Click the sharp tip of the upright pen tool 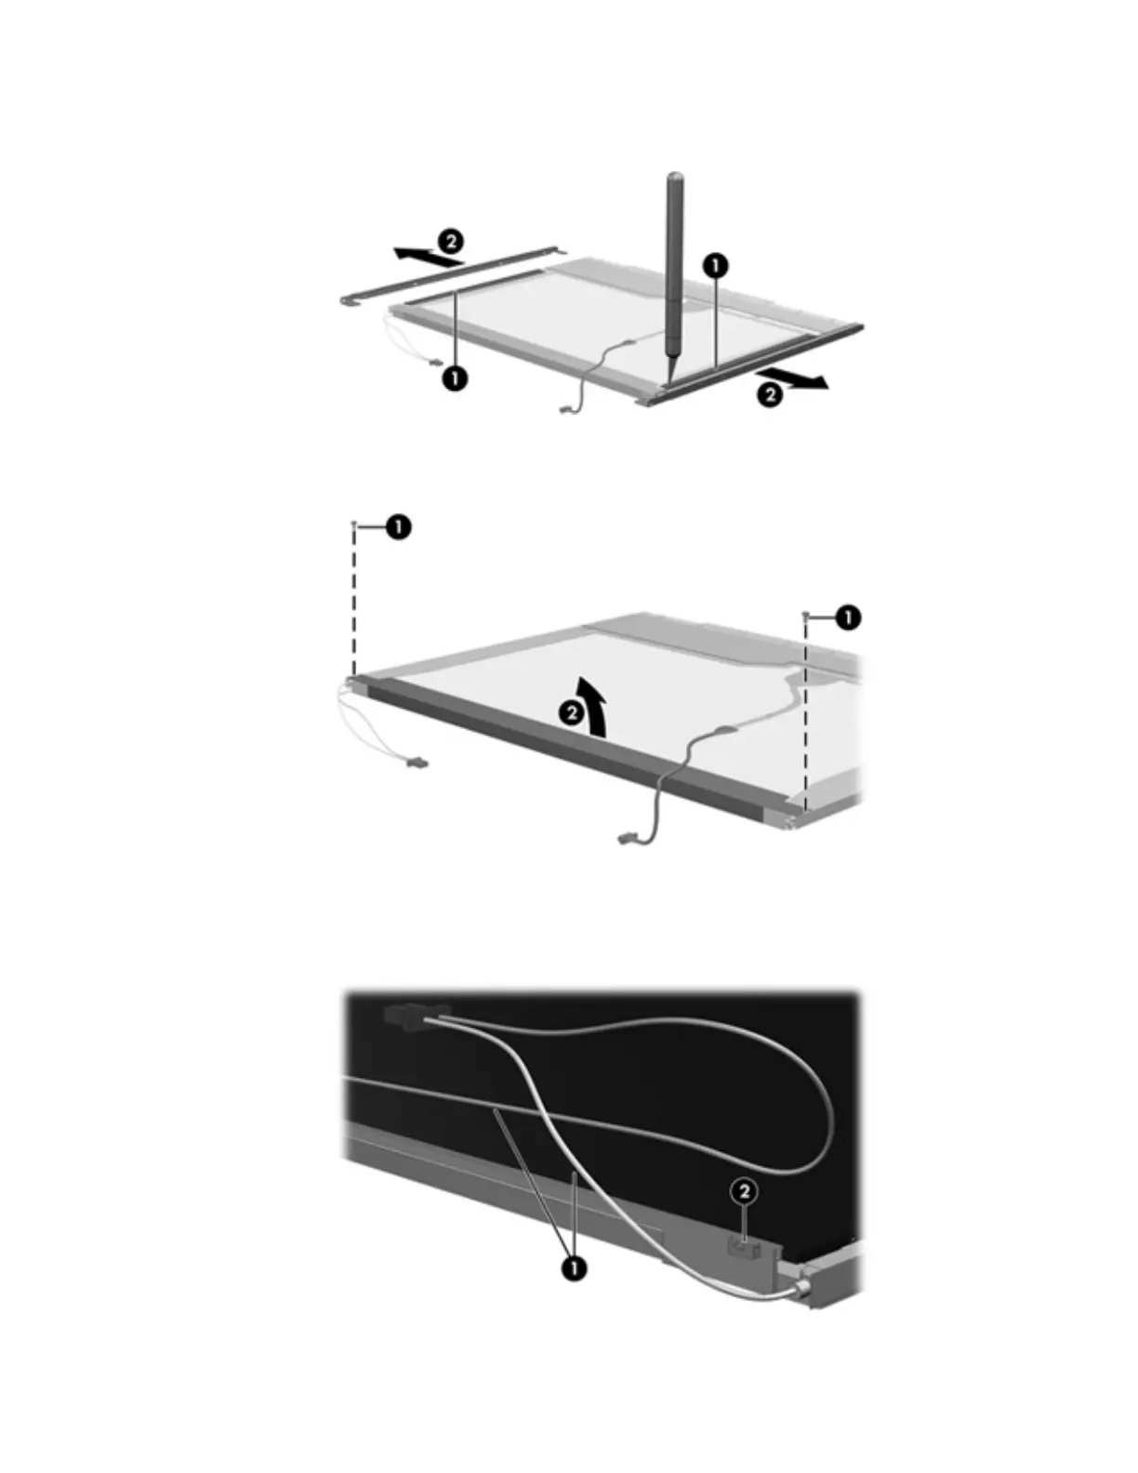click(671, 379)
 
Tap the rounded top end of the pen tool click(675, 177)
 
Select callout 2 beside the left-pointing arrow click(451, 242)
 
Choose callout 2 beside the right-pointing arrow click(770, 394)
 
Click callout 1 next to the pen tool click(716, 265)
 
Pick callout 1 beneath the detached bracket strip click(454, 378)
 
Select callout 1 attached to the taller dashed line click(399, 526)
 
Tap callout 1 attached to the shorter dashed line click(848, 617)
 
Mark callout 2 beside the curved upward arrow click(572, 713)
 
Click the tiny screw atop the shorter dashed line click(805, 615)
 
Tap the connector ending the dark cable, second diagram click(625, 841)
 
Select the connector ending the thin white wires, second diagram click(417, 763)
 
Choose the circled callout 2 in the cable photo click(744, 1191)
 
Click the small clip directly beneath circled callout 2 click(744, 1246)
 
